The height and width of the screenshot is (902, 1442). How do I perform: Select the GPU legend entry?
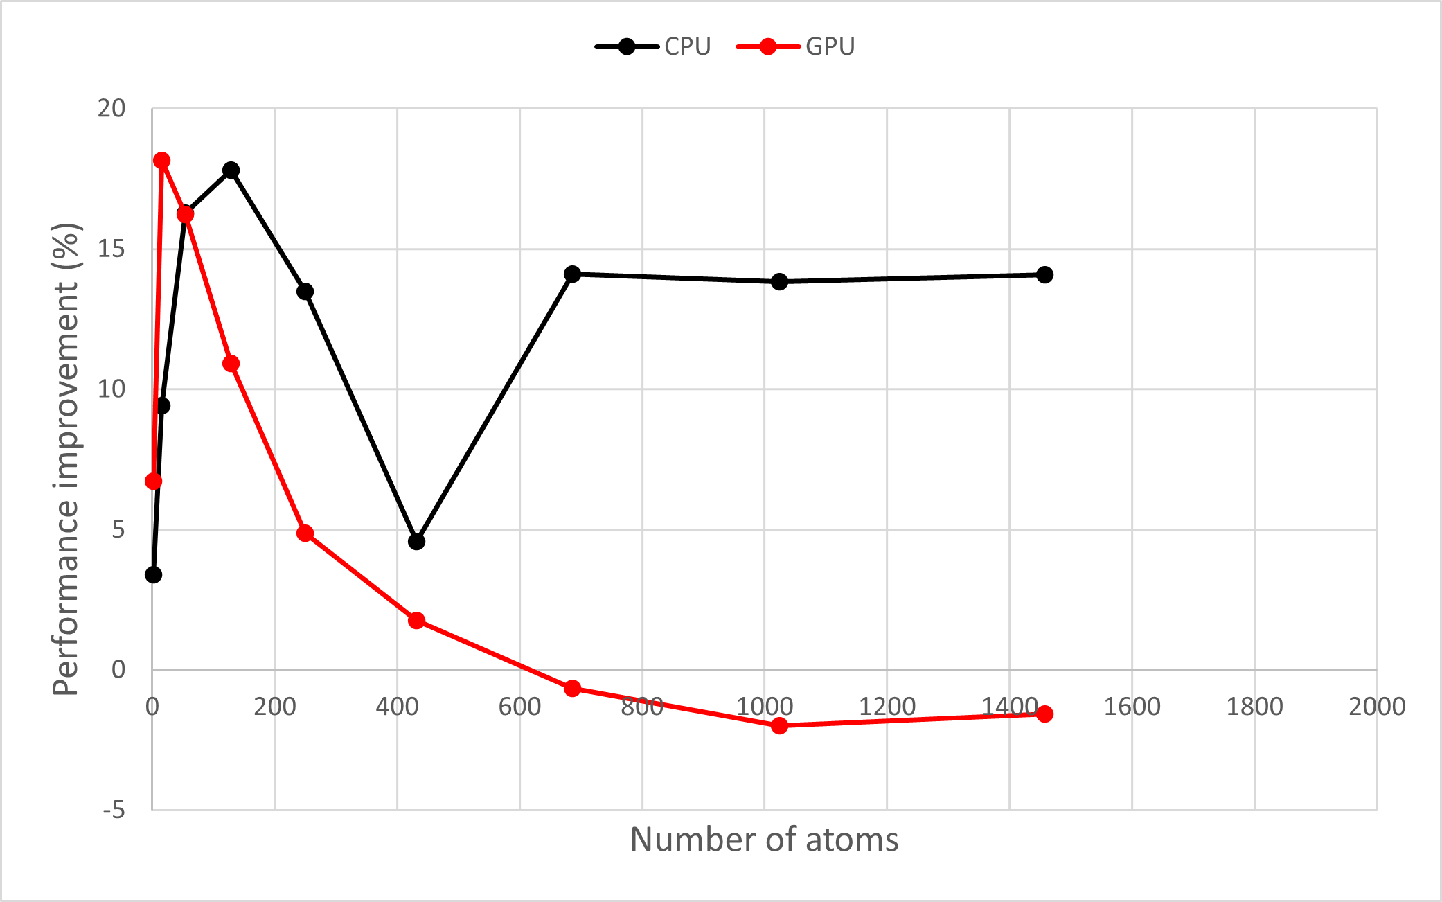[x=796, y=46]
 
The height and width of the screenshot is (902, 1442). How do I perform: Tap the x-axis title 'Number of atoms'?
[x=764, y=840]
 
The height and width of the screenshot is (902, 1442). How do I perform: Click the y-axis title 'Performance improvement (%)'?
[x=66, y=459]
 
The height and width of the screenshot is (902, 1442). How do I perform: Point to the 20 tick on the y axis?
[x=112, y=109]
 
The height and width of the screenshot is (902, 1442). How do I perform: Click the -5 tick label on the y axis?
[x=114, y=810]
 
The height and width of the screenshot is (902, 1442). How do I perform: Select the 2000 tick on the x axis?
[x=1376, y=707]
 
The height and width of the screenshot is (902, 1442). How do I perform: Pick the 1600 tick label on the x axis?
[x=1132, y=707]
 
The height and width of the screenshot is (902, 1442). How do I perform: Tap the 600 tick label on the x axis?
[x=519, y=707]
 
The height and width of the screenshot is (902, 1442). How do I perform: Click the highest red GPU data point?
[x=161, y=161]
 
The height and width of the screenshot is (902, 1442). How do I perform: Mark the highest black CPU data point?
[x=231, y=170]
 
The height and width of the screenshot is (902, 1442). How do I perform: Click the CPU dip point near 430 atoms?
[x=416, y=541]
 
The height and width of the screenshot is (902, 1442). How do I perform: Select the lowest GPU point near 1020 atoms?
[x=779, y=725]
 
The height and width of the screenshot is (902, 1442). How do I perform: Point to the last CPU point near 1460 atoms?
[x=1044, y=275]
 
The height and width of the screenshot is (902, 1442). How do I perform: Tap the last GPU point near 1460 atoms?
[x=1044, y=714]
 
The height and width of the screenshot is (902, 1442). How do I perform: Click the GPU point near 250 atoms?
[x=305, y=533]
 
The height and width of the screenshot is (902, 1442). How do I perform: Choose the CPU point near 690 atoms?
[x=572, y=274]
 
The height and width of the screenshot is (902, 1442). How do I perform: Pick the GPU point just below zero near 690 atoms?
[x=572, y=688]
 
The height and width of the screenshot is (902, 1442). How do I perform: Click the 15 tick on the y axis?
[x=112, y=249]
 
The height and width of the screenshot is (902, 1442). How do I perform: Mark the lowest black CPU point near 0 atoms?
[x=154, y=574]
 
